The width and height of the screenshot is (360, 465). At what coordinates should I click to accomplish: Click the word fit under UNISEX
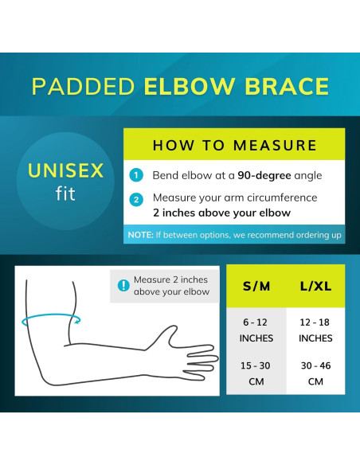[x=65, y=193]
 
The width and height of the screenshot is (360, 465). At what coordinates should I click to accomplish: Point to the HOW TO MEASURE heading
[x=234, y=145]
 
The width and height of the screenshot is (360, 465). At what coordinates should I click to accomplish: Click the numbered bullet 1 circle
[x=137, y=175]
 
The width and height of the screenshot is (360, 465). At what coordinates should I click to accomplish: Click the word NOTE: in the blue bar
[x=140, y=236]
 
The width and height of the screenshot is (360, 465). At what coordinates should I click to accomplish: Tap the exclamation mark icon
[x=123, y=286]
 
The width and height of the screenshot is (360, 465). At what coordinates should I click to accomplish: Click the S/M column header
[x=256, y=286]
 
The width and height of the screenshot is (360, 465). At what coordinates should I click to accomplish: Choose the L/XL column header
[x=315, y=286]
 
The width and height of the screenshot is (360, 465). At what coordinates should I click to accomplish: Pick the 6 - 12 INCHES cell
[x=256, y=330]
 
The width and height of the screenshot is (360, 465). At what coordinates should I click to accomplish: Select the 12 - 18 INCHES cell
[x=315, y=330]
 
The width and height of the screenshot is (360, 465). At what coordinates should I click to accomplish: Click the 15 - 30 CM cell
[x=256, y=373]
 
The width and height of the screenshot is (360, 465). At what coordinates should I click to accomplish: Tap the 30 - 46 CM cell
[x=315, y=373]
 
